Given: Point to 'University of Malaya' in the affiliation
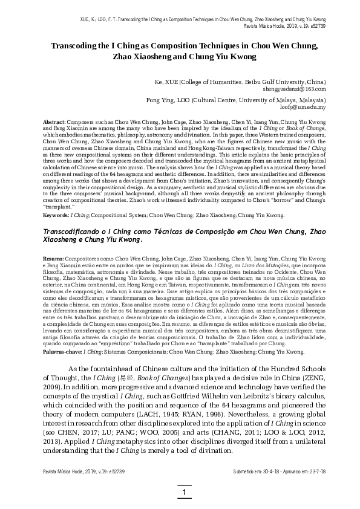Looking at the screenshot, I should pos(269,99).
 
